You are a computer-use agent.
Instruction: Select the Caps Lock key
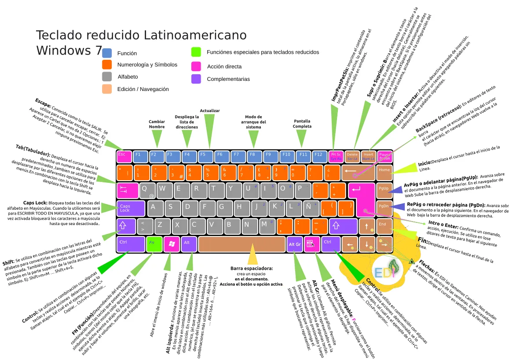point(131,208)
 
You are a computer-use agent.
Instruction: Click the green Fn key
point(154,243)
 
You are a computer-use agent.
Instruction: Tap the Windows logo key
point(172,243)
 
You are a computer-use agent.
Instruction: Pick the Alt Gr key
point(294,244)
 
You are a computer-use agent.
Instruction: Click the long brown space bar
point(241,244)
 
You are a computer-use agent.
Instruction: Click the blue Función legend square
point(107,53)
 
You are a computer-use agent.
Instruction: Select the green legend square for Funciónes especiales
point(196,52)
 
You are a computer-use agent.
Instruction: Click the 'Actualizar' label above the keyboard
point(210,111)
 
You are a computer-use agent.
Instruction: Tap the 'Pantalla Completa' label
point(302,124)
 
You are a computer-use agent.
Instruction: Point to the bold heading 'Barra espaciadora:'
point(252,268)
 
